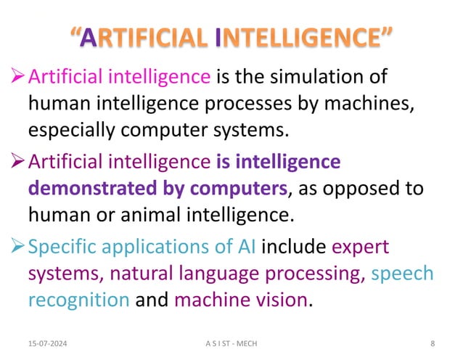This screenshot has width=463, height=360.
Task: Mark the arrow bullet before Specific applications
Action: pos(17,247)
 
